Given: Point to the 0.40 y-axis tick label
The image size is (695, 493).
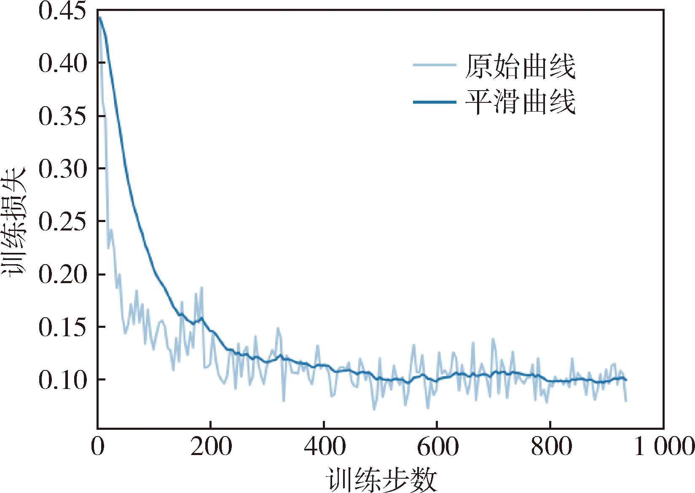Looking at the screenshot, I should point(62,64).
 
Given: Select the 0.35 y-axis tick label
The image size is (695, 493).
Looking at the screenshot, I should point(62,117).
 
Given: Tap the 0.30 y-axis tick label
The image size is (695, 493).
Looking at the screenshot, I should point(62,169).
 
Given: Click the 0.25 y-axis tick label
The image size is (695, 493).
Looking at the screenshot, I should point(62,222).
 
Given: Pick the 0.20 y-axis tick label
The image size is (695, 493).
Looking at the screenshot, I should point(62,275).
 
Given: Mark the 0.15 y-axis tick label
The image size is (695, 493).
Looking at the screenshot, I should point(62,328).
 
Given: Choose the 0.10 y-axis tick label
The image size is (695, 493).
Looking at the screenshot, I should point(62,380).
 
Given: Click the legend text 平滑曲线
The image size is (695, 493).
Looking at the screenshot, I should point(520,102).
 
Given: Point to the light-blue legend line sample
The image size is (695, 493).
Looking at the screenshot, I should point(435,65).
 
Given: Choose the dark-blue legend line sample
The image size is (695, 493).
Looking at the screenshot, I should point(435,102).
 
